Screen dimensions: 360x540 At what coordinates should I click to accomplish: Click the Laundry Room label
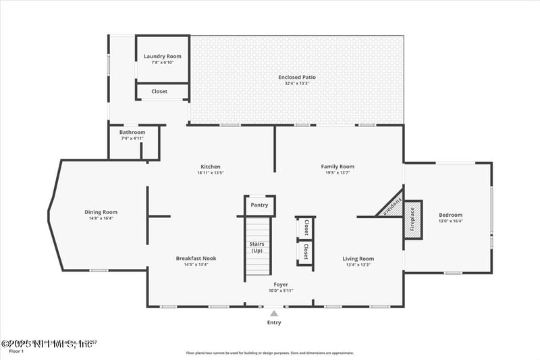point(163,56)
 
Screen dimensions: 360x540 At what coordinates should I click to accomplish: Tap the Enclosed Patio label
point(297,77)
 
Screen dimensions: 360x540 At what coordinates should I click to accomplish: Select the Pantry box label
point(259,205)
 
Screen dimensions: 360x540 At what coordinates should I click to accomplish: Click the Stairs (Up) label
point(256,247)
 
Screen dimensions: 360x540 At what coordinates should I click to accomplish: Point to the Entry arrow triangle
point(273,313)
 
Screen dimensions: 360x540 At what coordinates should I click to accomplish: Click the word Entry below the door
point(273,323)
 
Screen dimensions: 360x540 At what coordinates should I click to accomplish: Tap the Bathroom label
point(132,132)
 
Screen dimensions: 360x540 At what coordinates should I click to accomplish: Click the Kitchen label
point(211,167)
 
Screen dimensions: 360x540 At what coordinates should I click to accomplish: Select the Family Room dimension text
point(337,173)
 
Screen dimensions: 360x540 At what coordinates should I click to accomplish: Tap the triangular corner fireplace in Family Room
point(391,207)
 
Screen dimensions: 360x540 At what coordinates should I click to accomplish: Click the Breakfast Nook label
point(196,258)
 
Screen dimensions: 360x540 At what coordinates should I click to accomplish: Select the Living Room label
point(358,258)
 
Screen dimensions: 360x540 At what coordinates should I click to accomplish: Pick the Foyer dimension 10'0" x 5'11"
point(281,290)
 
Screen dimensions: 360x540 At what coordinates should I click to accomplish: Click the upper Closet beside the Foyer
point(306,226)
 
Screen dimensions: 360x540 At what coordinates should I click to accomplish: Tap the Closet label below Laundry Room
point(159,91)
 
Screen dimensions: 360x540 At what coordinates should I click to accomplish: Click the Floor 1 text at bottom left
point(16,351)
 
